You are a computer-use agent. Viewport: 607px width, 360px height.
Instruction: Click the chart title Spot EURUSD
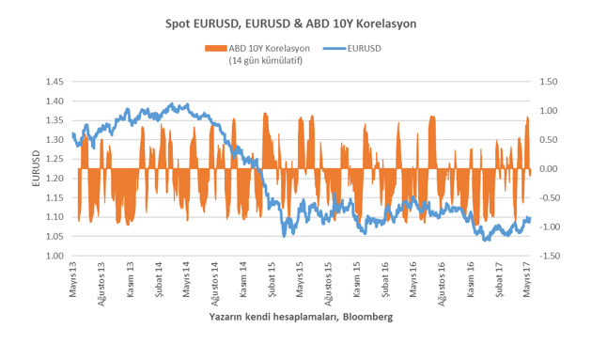303,20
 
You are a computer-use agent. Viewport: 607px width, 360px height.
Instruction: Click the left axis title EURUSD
36,169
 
